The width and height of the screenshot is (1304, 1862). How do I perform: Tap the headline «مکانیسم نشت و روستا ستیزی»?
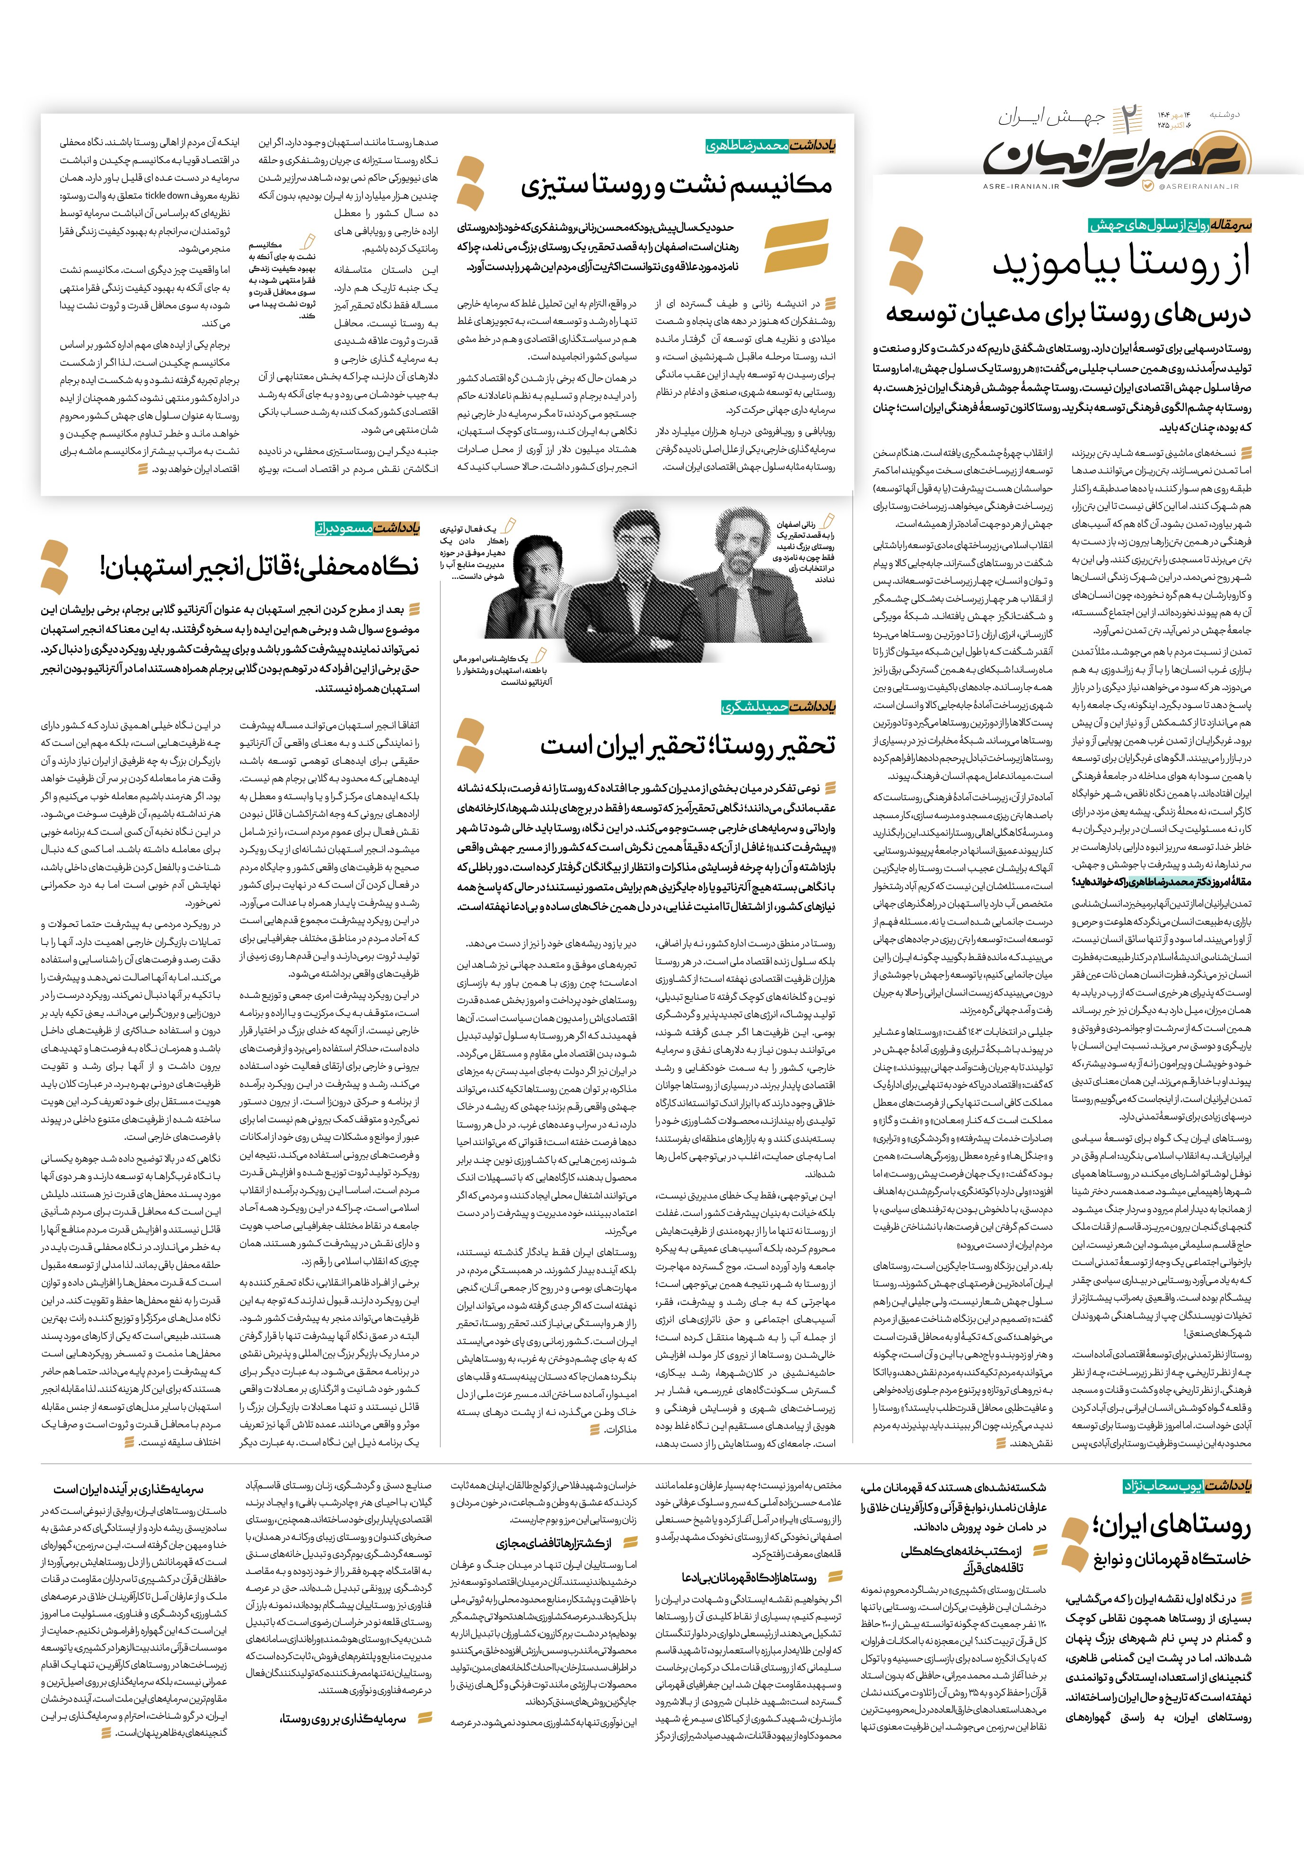677,186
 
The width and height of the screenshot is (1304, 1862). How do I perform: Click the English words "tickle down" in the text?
167,195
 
